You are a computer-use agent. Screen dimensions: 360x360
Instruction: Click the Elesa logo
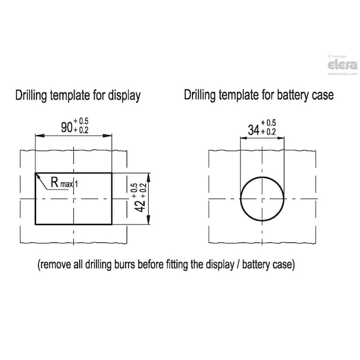point(343,65)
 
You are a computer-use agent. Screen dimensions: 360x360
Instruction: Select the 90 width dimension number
point(67,127)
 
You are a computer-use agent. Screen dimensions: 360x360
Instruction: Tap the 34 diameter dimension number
point(254,130)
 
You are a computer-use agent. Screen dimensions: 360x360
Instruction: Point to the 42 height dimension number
point(140,206)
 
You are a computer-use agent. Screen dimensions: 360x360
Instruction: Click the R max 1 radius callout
point(64,183)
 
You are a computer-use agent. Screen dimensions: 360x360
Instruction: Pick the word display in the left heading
point(124,95)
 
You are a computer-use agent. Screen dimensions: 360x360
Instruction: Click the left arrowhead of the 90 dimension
point(40,136)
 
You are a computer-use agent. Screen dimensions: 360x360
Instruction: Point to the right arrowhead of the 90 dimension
point(107,136)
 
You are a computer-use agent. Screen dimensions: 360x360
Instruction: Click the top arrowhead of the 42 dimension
point(148,178)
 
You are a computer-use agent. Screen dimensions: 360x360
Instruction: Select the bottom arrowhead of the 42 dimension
point(148,220)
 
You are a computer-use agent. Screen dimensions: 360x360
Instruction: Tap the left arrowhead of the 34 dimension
point(244,138)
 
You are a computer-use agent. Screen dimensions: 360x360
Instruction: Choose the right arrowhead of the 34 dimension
point(281,138)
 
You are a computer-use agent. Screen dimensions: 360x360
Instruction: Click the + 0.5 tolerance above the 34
point(268,123)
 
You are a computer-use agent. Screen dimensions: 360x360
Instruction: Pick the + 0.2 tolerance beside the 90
point(81,130)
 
